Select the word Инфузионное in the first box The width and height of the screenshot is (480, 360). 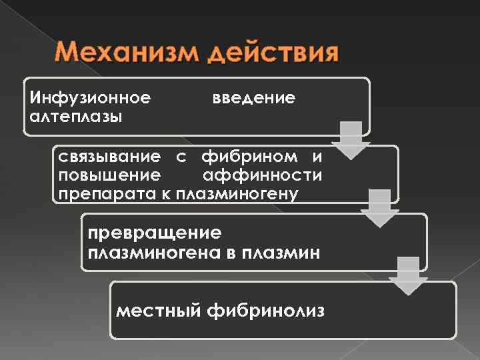(x=89, y=99)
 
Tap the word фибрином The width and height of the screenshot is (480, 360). (x=234, y=157)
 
